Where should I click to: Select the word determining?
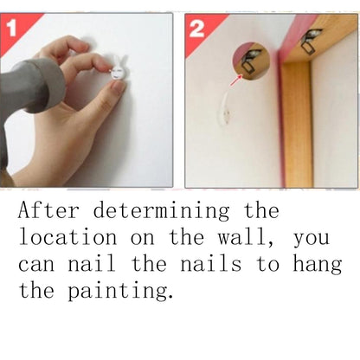click(x=165, y=210)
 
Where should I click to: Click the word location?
click(x=63, y=237)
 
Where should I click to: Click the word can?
click(x=37, y=264)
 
